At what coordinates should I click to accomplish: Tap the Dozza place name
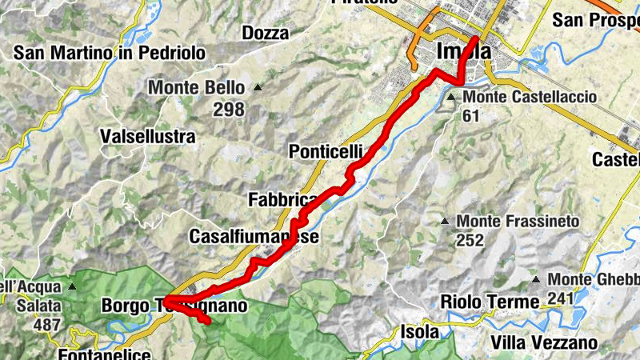264,33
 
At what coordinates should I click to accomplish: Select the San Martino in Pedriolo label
110,53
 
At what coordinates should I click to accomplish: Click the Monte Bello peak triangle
258,87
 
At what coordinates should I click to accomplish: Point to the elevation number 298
229,109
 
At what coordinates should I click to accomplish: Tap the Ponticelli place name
326,151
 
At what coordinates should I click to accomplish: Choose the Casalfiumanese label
254,237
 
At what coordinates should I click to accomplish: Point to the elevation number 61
472,115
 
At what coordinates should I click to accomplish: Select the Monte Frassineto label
528,220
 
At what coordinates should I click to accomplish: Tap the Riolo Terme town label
490,302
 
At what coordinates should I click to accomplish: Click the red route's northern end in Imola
476,38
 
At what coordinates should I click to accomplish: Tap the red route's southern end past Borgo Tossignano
207,322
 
